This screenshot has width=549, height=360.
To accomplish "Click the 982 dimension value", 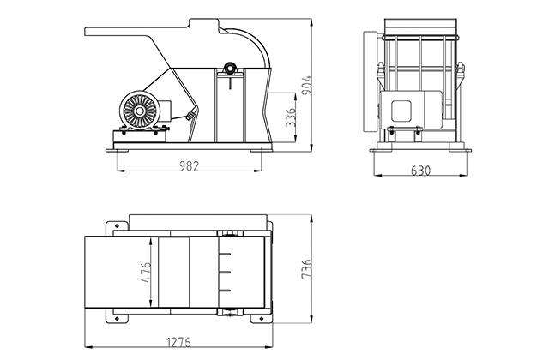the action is click(189, 165).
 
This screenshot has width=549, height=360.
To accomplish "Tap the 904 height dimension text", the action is click(306, 84).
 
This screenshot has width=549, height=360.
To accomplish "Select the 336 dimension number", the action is click(291, 117).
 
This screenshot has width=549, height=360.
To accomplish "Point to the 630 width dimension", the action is click(420, 171).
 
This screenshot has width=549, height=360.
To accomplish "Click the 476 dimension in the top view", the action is click(146, 272).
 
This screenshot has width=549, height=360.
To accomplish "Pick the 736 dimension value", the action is click(306, 268).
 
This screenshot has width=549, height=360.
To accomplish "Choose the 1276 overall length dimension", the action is click(178, 342).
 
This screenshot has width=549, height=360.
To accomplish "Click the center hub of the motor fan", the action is click(139, 111).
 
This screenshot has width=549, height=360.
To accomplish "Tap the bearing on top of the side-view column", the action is click(230, 68).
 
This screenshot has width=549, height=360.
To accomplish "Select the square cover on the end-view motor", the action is click(401, 111).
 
